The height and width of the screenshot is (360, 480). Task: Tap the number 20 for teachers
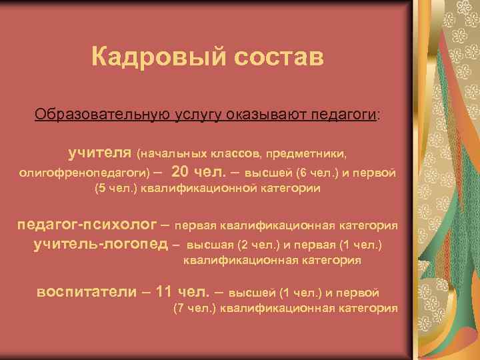180,171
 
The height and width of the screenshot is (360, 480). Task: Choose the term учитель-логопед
100,244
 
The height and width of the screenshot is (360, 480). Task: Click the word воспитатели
91,291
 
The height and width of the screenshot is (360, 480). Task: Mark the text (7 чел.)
195,308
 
